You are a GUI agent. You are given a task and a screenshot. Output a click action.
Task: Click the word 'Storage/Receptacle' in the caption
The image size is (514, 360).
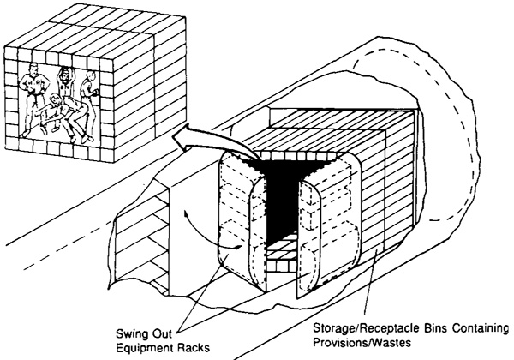(x=367, y=328)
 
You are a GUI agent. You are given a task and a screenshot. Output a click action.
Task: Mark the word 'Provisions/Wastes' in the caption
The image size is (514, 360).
(x=362, y=342)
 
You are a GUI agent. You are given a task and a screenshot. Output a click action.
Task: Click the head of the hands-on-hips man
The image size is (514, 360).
(x=33, y=69)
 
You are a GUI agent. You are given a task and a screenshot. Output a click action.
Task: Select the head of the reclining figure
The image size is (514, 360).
(x=56, y=98)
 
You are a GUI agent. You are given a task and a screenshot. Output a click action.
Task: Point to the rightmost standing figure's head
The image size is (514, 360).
(x=90, y=77)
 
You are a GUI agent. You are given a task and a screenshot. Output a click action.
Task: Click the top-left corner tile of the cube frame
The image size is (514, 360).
(x=11, y=53)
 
